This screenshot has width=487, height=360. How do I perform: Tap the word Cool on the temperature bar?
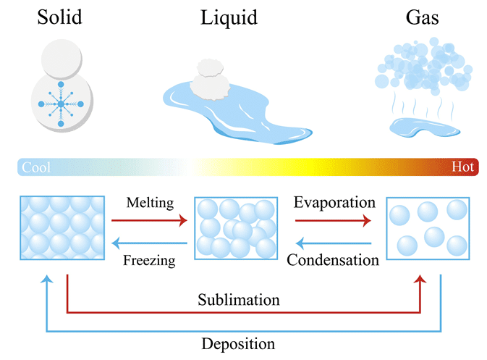point(36,167)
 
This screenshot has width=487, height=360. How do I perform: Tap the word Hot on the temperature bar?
point(462,167)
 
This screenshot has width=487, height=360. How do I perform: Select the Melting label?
point(149,203)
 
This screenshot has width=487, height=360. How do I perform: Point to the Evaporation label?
point(334,203)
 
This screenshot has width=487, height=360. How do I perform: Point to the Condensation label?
point(333,259)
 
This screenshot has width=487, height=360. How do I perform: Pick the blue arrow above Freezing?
point(149,243)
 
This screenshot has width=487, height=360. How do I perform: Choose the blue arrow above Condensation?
point(334,243)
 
